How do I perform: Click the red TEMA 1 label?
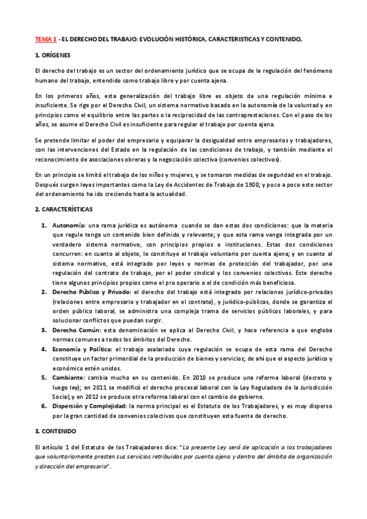point(46,39)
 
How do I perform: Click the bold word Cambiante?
point(69,378)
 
